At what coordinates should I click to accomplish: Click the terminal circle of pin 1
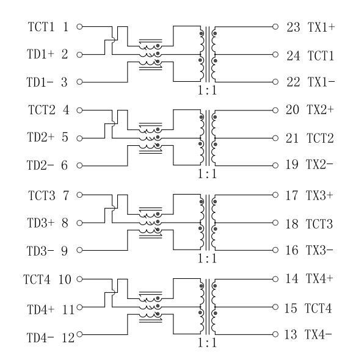tap(79, 27)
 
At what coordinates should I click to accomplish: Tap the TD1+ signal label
tap(40, 54)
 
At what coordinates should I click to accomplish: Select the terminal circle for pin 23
tap(275, 27)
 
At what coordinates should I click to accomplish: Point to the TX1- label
tap(321, 82)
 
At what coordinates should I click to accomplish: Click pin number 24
tap(293, 56)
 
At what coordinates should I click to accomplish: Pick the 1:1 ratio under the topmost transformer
tap(207, 90)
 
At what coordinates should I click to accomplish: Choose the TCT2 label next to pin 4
tap(42, 110)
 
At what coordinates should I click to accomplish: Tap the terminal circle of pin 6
tap(79, 165)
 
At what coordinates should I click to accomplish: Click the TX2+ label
tap(320, 109)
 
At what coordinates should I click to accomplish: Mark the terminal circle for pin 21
tap(275, 139)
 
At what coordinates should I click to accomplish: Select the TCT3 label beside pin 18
tap(319, 224)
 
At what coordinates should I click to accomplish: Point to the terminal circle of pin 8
tap(79, 223)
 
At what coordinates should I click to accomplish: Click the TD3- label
tap(40, 251)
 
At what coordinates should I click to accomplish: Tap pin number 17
tap(292, 195)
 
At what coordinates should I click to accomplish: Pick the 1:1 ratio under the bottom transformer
tap(207, 342)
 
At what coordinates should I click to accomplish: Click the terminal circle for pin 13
tap(275, 334)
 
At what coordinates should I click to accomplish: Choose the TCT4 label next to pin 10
tap(37, 279)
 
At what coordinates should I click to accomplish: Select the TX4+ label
tap(319, 279)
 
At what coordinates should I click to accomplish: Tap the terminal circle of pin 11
tap(79, 308)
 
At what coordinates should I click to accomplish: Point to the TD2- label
tap(40, 165)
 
